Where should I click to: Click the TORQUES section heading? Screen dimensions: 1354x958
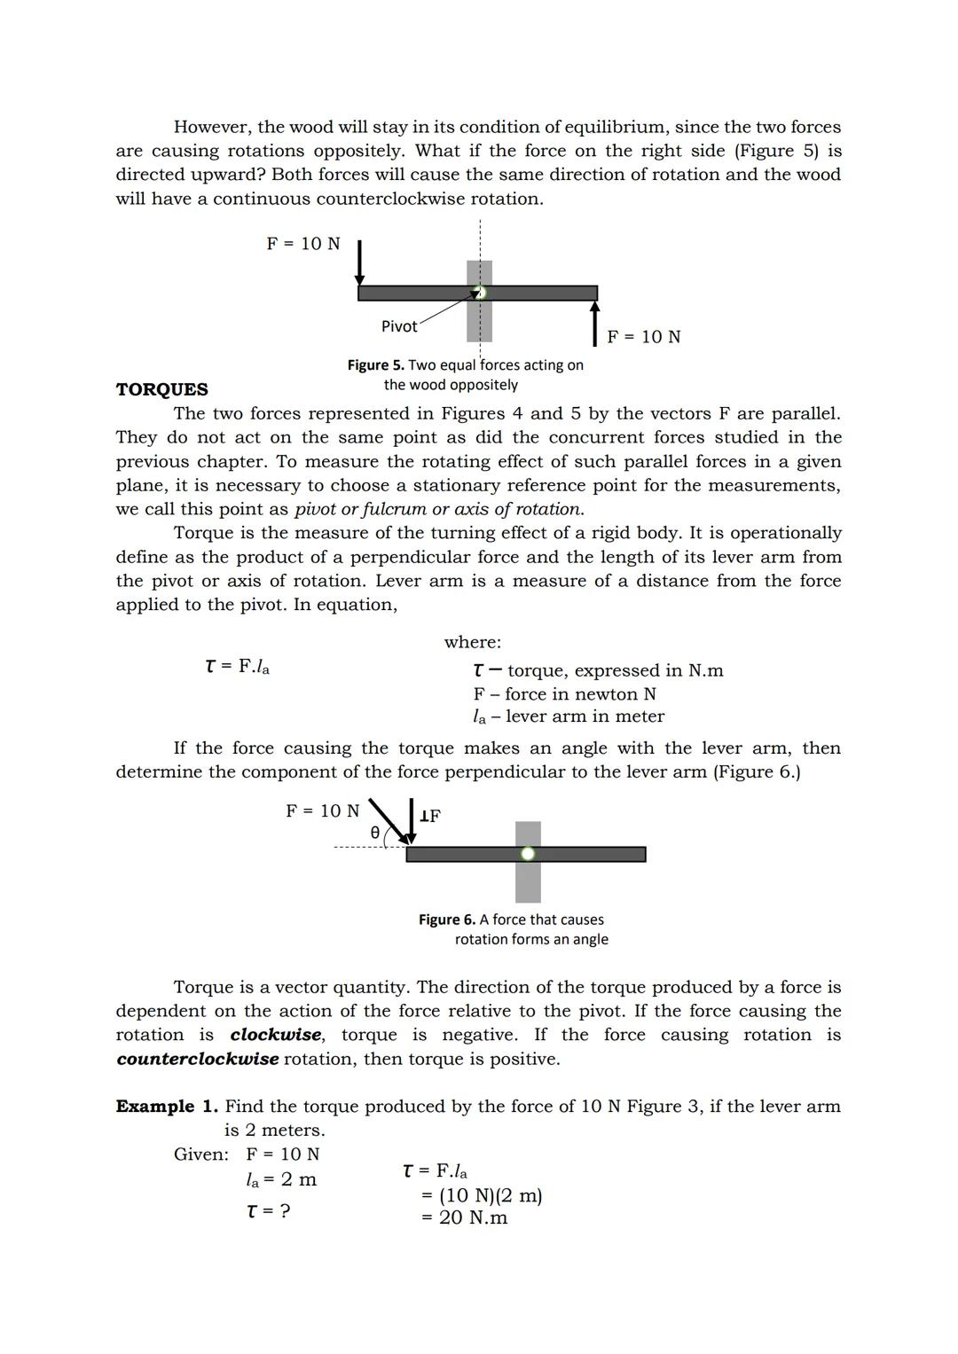tap(161, 389)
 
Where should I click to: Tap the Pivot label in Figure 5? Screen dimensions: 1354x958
tap(399, 326)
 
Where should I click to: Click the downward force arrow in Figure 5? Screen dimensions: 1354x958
tap(359, 262)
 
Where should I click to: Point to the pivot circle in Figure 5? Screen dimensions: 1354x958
tap(480, 293)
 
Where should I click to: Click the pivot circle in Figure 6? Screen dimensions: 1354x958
tap(528, 854)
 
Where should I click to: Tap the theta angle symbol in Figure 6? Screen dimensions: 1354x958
tap(374, 833)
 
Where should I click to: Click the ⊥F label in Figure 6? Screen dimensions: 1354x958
tap(430, 816)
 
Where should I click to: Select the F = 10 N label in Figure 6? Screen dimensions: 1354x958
tap(322, 810)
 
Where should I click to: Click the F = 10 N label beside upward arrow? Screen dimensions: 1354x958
tap(644, 337)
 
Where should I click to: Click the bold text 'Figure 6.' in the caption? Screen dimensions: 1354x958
tap(446, 920)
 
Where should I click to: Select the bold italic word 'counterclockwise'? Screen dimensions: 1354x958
tap(197, 1059)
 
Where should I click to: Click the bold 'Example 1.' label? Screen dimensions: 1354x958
tap(167, 1107)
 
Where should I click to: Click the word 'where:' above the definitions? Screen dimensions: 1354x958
tap(472, 642)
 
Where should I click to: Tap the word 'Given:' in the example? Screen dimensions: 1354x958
tap(201, 1154)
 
